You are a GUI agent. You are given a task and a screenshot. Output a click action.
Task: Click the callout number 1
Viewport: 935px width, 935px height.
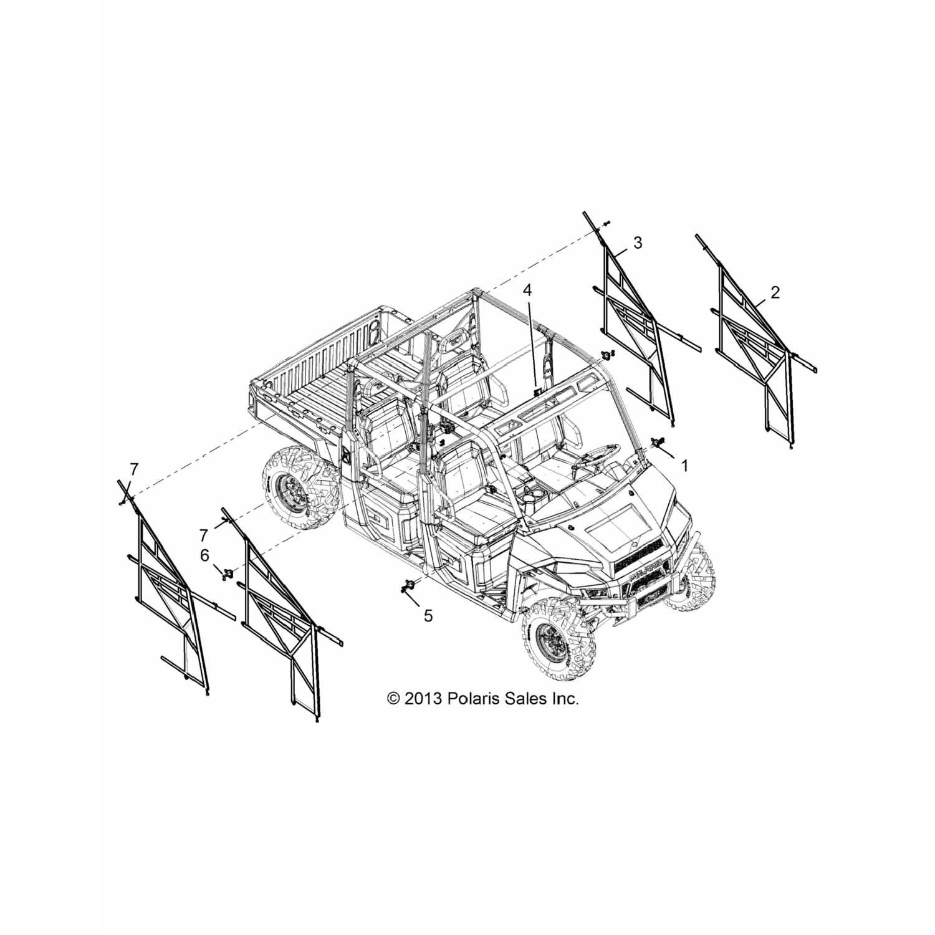pyautogui.click(x=684, y=466)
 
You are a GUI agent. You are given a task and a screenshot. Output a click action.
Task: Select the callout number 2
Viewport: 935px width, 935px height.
pyautogui.click(x=775, y=292)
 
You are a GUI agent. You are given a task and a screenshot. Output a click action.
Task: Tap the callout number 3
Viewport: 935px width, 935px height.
pyautogui.click(x=638, y=243)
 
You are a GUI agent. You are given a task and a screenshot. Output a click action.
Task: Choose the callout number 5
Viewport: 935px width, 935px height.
pyautogui.click(x=428, y=616)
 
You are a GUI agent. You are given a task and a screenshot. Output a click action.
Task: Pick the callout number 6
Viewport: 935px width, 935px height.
pyautogui.click(x=204, y=555)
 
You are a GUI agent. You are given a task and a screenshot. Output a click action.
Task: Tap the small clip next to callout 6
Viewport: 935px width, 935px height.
pyautogui.click(x=228, y=572)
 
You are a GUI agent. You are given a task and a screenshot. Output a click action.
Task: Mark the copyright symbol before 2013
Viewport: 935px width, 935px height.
pyautogui.click(x=393, y=699)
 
